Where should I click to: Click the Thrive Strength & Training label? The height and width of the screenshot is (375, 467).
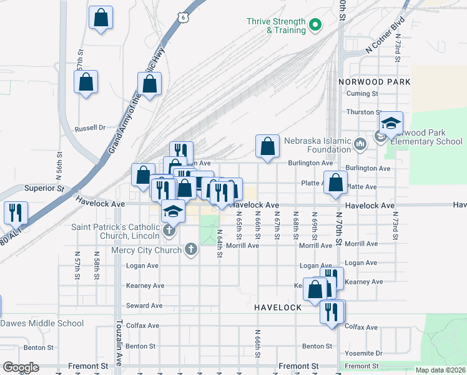(x=276, y=25)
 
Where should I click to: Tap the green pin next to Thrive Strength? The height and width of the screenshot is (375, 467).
(x=315, y=26)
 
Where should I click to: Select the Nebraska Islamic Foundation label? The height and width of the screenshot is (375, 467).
(x=317, y=144)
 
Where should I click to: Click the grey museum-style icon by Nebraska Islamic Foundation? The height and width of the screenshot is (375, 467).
(x=360, y=145)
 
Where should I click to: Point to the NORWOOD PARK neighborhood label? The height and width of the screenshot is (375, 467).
(x=374, y=82)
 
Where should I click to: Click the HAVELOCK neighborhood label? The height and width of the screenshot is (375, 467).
(x=278, y=307)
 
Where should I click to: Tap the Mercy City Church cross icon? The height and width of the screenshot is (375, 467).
(x=191, y=250)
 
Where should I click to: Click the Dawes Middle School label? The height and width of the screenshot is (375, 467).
(x=42, y=323)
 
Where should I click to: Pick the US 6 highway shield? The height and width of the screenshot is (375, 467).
(x=183, y=18)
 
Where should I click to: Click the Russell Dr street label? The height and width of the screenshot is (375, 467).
(x=91, y=128)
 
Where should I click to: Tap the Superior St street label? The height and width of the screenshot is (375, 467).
(x=44, y=187)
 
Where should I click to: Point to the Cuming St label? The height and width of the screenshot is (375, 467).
(x=363, y=94)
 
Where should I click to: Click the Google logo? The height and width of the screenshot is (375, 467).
(x=21, y=367)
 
